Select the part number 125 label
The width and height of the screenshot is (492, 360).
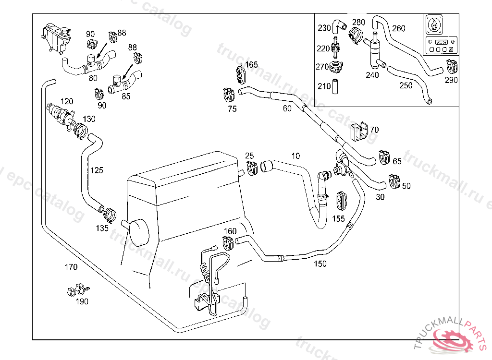pyautogui.click(x=97, y=170)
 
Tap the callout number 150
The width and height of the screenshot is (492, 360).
pyautogui.click(x=320, y=264)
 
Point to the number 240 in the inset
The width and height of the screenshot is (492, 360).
pyautogui.click(x=372, y=74)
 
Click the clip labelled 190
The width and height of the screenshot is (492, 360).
pyautogui.click(x=77, y=290)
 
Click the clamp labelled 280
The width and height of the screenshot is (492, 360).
pyautogui.click(x=356, y=35)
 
